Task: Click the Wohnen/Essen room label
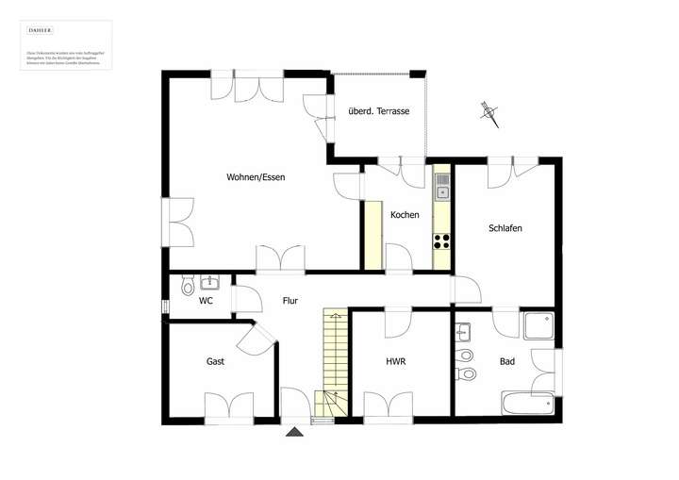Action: pos(256,177)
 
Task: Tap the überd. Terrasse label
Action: pos(378,111)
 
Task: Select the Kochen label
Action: pos(405,215)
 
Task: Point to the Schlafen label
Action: pos(505,228)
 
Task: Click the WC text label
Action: pos(206,301)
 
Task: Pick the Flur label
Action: pos(290,301)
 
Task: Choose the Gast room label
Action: pos(215,361)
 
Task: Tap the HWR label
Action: pos(396,361)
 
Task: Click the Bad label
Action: pos(507,361)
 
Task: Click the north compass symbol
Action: pos(489,113)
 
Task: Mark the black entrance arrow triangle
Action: pos(295,432)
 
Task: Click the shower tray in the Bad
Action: pos(539,326)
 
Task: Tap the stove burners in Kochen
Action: pos(441,240)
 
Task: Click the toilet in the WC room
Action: pos(188,286)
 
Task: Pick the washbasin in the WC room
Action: pos(209,282)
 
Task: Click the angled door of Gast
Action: pos(259,337)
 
